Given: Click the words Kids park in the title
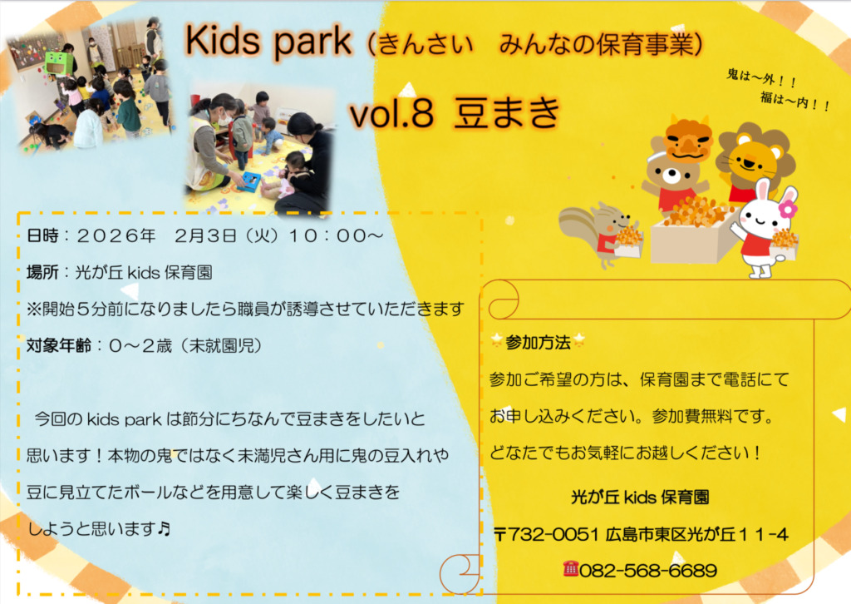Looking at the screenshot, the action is pos(268,42).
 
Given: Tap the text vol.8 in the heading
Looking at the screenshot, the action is pos(392,113).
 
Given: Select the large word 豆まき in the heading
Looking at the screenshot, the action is pos(508,112).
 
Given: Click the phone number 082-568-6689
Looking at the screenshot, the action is pos(648,571).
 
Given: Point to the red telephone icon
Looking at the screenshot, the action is pos(570,569).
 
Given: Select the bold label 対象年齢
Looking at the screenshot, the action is pos(59,345).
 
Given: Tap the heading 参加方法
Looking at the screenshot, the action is pos(538,343).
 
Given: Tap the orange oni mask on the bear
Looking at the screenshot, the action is pos(687,138).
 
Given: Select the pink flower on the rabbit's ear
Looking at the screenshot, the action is pos(788,208).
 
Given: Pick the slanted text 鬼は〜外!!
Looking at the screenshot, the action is pos(761,78).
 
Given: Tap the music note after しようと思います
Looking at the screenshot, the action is pos(164,528).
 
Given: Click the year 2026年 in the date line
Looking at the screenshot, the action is pos(116,235).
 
